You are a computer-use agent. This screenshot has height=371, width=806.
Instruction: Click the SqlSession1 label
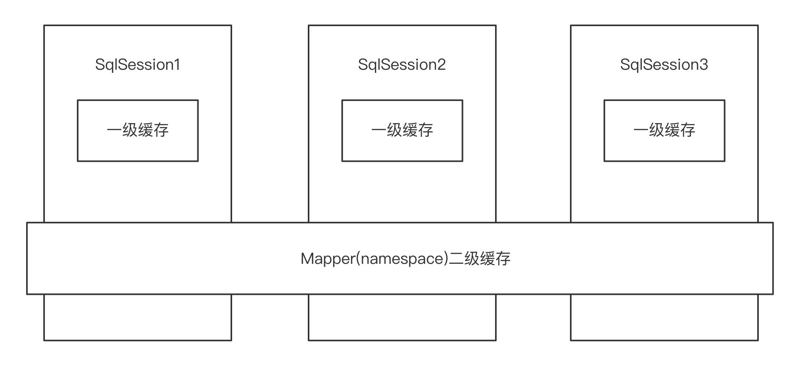pyautogui.click(x=138, y=65)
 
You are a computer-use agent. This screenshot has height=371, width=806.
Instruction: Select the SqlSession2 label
pyautogui.click(x=402, y=65)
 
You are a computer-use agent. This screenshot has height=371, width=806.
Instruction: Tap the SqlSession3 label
pyautogui.click(x=664, y=65)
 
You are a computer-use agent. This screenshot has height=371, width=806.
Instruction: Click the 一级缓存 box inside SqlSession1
pyautogui.click(x=138, y=131)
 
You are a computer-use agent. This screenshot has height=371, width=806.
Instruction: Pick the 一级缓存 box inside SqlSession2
pyautogui.click(x=402, y=131)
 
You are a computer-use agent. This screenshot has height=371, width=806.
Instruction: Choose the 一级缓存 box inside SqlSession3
pyautogui.click(x=664, y=131)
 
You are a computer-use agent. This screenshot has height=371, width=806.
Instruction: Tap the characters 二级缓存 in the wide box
pyautogui.click(x=479, y=259)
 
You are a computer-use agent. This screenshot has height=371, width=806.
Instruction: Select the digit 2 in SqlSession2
pyautogui.click(x=441, y=65)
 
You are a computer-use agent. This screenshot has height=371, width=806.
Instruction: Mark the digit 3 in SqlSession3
pyautogui.click(x=703, y=65)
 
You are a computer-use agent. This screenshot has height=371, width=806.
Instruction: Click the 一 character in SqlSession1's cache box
pyautogui.click(x=114, y=130)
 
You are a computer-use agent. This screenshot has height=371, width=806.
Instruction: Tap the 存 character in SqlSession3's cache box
pyautogui.click(x=687, y=130)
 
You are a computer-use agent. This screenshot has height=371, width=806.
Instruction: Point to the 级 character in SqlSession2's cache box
pyautogui.click(x=394, y=130)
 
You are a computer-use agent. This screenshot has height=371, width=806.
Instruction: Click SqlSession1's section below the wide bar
pyautogui.click(x=138, y=317)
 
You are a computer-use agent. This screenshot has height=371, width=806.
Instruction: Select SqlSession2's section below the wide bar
pyautogui.click(x=402, y=317)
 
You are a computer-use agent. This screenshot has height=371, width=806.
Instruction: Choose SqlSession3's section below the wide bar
pyautogui.click(x=664, y=317)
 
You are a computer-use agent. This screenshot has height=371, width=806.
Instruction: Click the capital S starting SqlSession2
pyautogui.click(x=363, y=65)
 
